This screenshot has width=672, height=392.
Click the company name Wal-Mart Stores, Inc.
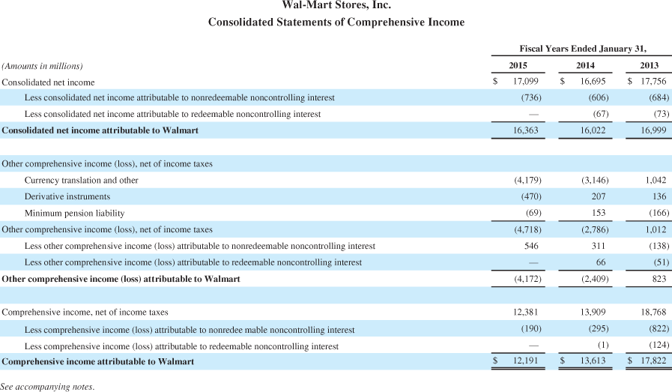point(336,6)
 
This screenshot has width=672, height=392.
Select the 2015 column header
point(518,66)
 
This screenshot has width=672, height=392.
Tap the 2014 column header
point(585,66)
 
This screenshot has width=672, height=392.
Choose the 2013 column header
point(650,66)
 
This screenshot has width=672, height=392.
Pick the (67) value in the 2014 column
point(598,114)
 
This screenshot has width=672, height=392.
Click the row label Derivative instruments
point(67,196)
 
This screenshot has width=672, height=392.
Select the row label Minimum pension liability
point(74,213)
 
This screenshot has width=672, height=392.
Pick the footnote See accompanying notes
point(47,387)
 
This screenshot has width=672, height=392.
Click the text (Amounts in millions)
point(43,66)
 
